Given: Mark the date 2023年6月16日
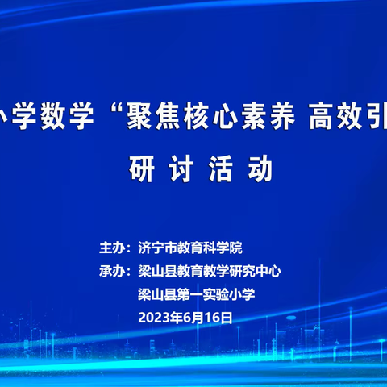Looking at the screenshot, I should pyautogui.click(x=185, y=318).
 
